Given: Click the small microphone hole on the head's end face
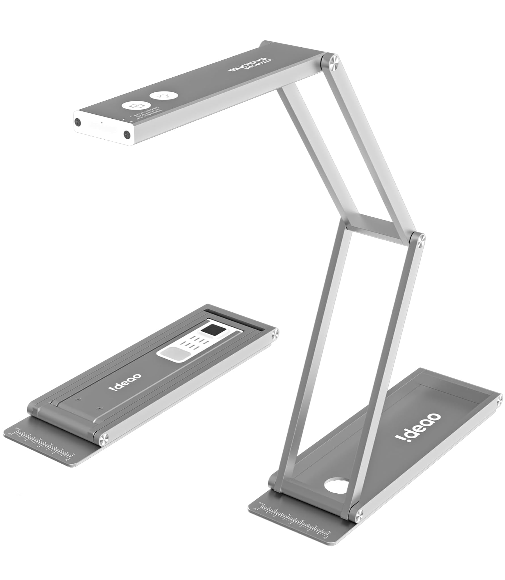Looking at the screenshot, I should (x=101, y=123).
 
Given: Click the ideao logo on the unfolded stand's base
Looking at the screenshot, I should (x=418, y=431).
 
